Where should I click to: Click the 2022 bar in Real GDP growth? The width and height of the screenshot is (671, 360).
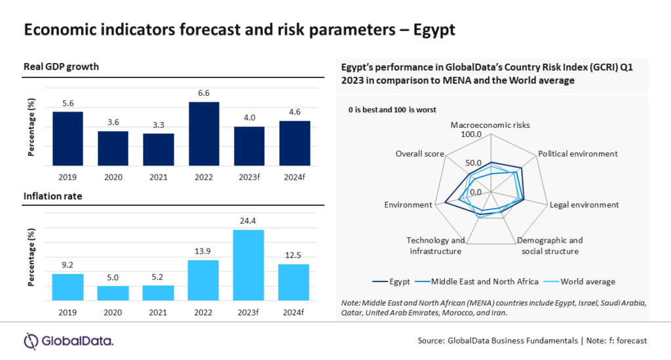point(204,134)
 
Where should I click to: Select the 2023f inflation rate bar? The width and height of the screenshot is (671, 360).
point(249,265)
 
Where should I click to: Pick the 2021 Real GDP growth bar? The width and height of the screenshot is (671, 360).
point(159,150)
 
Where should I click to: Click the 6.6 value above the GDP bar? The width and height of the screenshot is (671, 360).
point(204,93)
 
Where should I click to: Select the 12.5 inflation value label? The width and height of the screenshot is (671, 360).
point(294,255)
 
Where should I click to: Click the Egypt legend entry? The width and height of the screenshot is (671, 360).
point(394,281)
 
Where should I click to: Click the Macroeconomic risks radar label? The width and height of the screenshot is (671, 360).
point(490,125)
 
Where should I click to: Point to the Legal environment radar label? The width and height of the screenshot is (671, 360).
point(584,205)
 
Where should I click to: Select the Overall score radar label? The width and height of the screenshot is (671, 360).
point(419,153)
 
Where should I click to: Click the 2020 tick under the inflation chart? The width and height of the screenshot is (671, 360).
point(113,311)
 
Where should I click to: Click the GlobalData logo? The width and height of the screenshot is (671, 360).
point(68,341)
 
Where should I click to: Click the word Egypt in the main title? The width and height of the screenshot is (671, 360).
point(431,30)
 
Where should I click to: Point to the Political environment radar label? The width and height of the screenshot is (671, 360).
point(577,153)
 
